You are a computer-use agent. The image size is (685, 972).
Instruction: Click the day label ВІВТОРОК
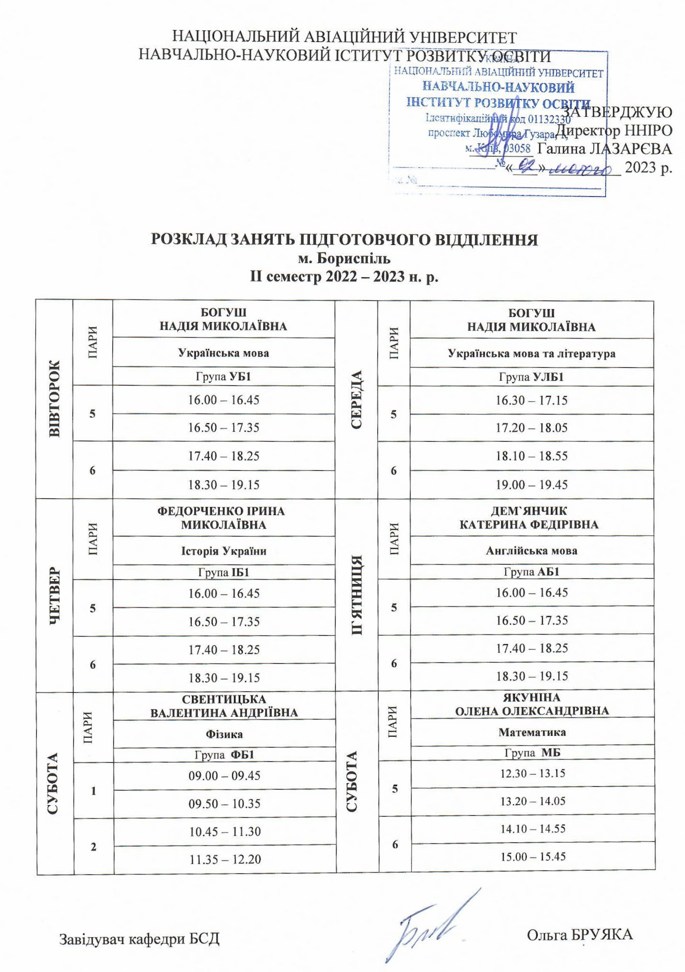tap(54, 399)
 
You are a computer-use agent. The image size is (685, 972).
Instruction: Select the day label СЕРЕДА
tap(357, 399)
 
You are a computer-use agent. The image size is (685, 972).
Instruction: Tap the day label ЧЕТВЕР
tap(54, 595)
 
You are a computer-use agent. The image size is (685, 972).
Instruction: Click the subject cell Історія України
tap(224, 551)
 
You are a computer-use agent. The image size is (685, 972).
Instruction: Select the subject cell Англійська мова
tap(532, 551)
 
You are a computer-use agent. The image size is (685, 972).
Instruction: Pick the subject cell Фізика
tap(224, 734)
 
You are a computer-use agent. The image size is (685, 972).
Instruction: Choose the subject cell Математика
tap(532, 732)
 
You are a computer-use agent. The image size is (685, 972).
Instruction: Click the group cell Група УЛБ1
tap(532, 377)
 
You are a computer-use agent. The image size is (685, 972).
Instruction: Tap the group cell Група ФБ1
tap(224, 755)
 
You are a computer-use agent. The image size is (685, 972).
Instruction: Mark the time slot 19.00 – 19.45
tap(532, 485)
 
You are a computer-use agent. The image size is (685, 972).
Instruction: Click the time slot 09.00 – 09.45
tap(224, 776)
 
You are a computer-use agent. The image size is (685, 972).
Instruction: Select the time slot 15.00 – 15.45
tap(532, 857)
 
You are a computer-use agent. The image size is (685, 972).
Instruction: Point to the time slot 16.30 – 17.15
tap(532, 400)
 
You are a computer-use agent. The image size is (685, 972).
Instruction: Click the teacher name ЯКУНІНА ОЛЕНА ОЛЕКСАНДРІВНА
tap(532, 704)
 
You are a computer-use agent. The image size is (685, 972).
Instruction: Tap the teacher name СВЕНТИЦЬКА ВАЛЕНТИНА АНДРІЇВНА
tap(224, 706)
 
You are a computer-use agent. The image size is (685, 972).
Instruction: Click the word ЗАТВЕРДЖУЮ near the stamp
tap(619, 112)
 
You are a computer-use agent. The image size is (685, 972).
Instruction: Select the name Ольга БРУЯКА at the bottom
tap(580, 934)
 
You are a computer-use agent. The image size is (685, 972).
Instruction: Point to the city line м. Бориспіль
tap(344, 259)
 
